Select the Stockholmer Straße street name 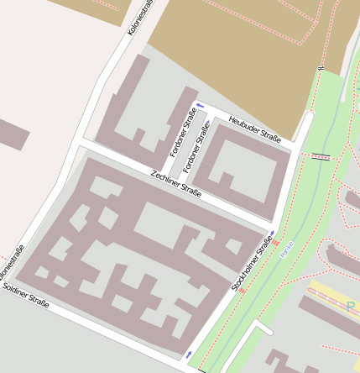(x=252, y=264)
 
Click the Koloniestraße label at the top (x=138, y=17)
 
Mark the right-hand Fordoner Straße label (x=196, y=149)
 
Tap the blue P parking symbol (x=352, y=307)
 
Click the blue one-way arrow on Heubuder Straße (x=199, y=106)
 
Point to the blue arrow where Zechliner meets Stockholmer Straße (x=272, y=234)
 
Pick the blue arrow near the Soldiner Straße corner (x=189, y=354)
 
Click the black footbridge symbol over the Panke (x=321, y=156)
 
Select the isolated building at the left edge (x=13, y=134)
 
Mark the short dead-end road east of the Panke (x=263, y=328)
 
